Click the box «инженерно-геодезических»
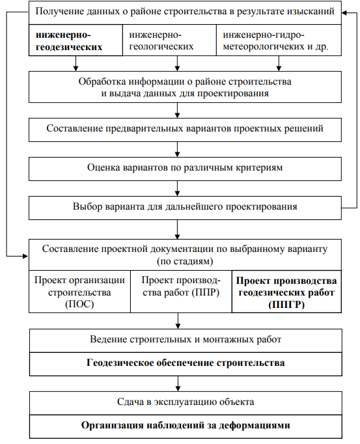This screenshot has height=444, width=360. [76, 40]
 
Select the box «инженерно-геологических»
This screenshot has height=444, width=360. [169, 40]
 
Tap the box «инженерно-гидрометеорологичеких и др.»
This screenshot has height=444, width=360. [279, 40]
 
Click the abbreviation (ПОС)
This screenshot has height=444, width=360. [79, 304]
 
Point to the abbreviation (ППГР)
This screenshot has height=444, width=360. [286, 305]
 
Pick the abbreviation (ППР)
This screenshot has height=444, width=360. [206, 292]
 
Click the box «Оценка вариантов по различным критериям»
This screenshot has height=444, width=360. [185, 169]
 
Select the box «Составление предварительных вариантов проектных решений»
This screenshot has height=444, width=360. [185, 130]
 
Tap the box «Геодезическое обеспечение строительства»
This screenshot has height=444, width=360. [186, 364]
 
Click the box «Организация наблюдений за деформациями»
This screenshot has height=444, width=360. [186, 426]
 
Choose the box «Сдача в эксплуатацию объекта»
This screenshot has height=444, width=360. [186, 403]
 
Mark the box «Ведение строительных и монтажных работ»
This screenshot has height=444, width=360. [186, 340]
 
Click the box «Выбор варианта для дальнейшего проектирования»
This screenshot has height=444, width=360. [185, 208]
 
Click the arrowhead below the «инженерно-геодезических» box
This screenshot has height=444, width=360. [76, 68]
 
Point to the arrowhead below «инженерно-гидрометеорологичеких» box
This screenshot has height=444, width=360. [279, 68]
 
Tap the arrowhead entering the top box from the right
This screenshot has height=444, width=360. [344, 12]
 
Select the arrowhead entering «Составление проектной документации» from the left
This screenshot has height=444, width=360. [26, 257]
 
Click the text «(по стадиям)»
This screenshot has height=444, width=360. [185, 261]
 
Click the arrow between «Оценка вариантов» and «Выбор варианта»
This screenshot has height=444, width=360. [177, 189]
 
